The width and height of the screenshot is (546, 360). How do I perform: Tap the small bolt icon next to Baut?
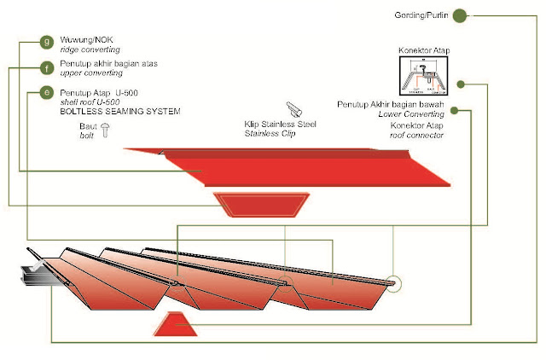coord(106,131)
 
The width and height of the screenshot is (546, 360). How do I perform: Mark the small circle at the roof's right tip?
coord(393,282)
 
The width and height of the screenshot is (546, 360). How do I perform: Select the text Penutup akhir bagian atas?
coord(108,64)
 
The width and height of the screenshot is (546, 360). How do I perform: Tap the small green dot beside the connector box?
coord(460,84)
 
